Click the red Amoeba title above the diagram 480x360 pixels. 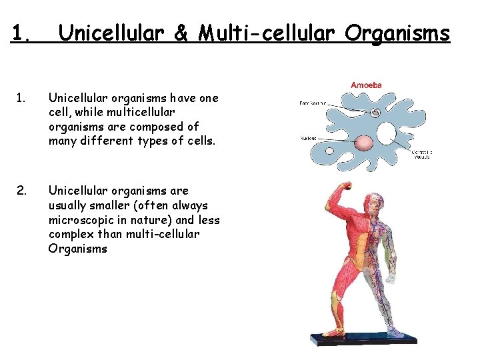[x=366, y=85]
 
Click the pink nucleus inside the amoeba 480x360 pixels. [x=364, y=143]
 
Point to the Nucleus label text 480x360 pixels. [x=308, y=139]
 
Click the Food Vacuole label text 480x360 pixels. [x=312, y=103]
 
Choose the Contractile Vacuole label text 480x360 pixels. [x=421, y=157]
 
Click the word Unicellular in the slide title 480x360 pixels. [x=110, y=33]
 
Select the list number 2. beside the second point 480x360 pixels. [x=21, y=191]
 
